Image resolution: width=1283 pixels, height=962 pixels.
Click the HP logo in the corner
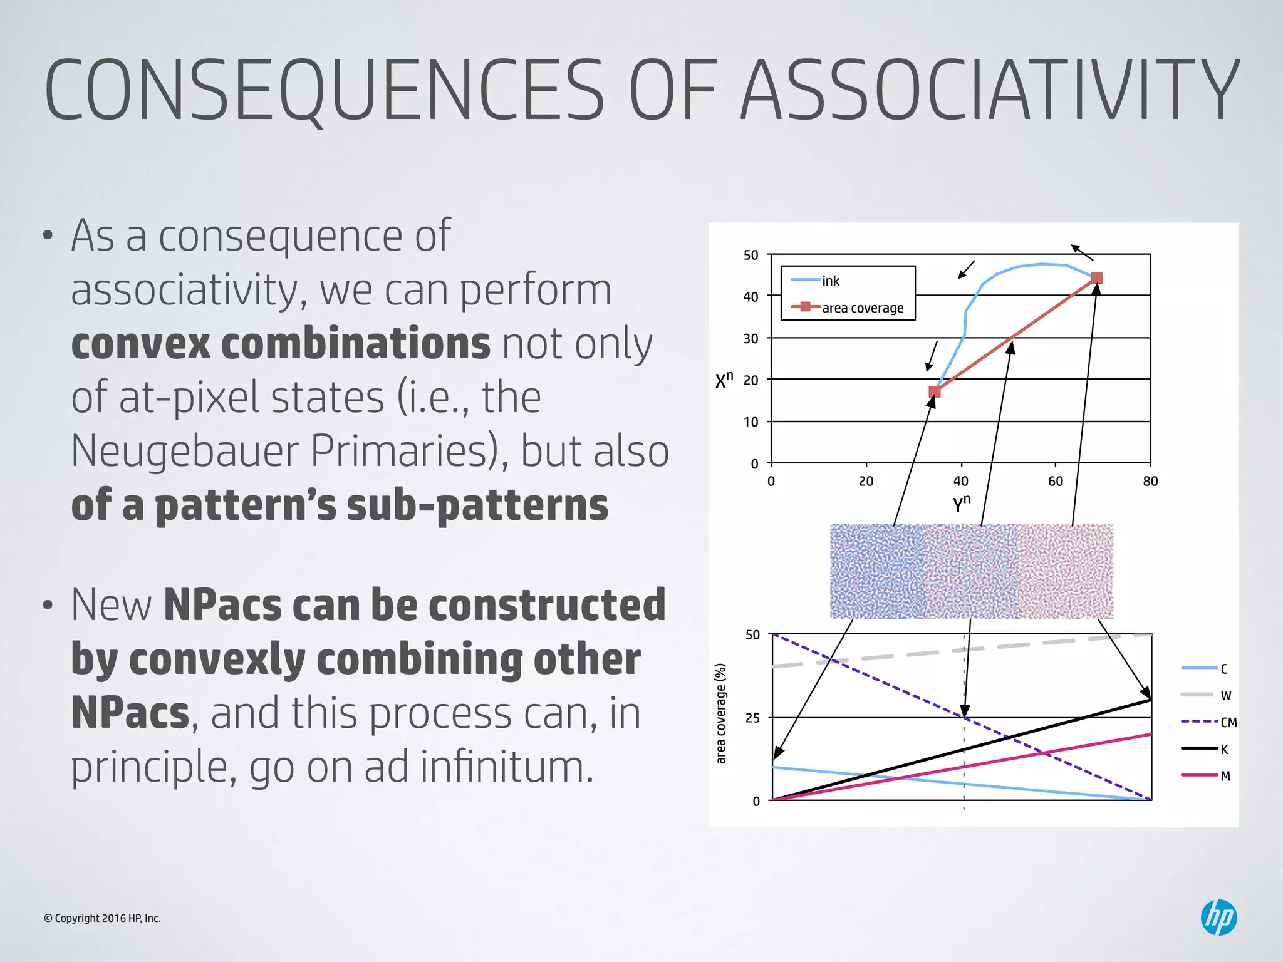pos(1218,918)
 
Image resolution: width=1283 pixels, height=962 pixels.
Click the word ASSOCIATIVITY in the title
pos(989,90)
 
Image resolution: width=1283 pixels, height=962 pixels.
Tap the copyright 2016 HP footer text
pos(102,918)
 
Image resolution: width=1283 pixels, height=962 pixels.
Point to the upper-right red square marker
pos(1096,278)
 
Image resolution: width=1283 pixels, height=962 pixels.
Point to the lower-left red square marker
pos(935,391)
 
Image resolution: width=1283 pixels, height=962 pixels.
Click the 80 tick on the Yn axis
pos(1150,481)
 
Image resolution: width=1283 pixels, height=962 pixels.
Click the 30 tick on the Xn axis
pos(751,338)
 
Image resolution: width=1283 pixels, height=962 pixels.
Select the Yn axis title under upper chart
pos(961,503)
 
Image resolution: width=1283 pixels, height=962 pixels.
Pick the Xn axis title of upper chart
pos(724,380)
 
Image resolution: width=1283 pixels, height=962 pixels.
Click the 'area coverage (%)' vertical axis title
pos(721,713)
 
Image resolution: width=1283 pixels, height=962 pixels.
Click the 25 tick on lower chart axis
pos(752,718)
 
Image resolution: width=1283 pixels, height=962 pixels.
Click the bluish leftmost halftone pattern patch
pos(876,571)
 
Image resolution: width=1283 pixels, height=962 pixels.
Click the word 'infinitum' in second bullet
pos(506,767)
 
